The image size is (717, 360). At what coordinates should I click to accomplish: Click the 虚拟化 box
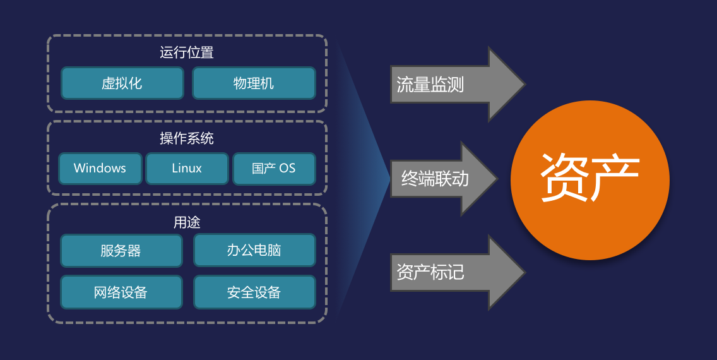tap(122, 83)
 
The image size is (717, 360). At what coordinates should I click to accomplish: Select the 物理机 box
tap(254, 83)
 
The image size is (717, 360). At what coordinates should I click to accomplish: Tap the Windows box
tap(100, 169)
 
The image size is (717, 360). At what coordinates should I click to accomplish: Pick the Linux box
tap(187, 169)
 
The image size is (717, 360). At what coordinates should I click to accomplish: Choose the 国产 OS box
tap(274, 169)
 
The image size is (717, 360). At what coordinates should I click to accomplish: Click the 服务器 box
tap(121, 251)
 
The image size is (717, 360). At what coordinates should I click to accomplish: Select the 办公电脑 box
tap(254, 250)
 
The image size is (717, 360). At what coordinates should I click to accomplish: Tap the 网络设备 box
tap(121, 292)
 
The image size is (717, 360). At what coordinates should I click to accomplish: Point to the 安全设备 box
tap(254, 292)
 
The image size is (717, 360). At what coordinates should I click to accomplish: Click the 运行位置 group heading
tap(187, 52)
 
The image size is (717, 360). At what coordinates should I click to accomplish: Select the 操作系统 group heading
tap(187, 138)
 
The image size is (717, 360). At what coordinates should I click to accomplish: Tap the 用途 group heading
tap(187, 222)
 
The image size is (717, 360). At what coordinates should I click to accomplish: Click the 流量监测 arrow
tap(457, 84)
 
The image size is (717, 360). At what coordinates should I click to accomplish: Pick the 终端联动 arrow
tap(444, 178)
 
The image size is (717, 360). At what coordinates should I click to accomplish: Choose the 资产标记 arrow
tap(457, 273)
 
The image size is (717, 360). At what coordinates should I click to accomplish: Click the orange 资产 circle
tap(590, 180)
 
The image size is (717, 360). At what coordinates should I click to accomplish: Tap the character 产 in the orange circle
tap(615, 177)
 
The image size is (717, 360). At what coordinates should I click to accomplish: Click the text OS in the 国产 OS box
tap(287, 169)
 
